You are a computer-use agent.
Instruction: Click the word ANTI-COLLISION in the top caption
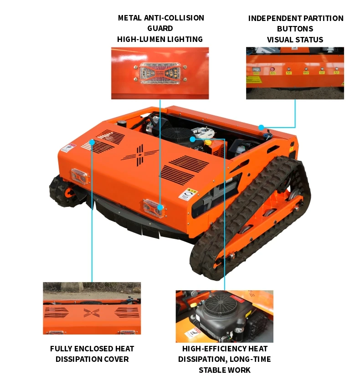(174, 18)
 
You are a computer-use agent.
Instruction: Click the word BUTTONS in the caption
(295, 29)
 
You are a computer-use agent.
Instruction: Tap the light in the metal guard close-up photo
(160, 73)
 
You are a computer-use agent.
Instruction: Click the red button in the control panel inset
(273, 69)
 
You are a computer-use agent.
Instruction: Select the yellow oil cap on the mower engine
(207, 143)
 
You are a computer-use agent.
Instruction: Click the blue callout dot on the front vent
(92, 142)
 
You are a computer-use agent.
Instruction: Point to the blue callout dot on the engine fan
(192, 139)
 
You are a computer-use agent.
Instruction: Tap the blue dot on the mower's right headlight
(160, 207)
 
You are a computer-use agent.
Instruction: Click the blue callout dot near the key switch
(261, 128)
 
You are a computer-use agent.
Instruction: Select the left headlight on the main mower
(80, 176)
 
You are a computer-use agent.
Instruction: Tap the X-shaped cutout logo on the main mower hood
(140, 154)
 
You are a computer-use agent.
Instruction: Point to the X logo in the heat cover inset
(92, 313)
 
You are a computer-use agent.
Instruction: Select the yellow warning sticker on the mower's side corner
(188, 194)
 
